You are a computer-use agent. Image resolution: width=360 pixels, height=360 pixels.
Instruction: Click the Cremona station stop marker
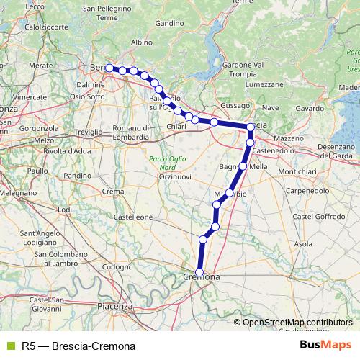click(199, 273)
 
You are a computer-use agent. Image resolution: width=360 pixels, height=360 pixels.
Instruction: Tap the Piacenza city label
click(118, 306)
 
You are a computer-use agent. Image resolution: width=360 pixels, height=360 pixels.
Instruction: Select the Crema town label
click(113, 191)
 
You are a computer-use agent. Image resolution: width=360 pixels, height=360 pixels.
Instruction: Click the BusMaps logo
click(325, 345)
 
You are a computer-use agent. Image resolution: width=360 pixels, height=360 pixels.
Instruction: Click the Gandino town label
click(169, 23)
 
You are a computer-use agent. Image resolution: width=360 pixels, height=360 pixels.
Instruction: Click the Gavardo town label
click(310, 108)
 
